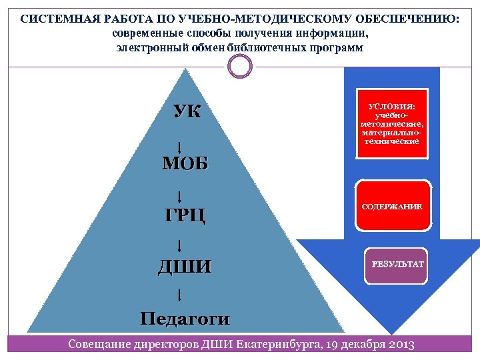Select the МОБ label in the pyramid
185,163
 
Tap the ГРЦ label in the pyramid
185,215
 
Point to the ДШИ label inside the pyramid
185,267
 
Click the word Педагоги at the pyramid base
185,318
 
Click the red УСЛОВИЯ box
391,123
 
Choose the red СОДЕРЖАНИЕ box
391,207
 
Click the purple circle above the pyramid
240,66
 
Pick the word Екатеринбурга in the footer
273,345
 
